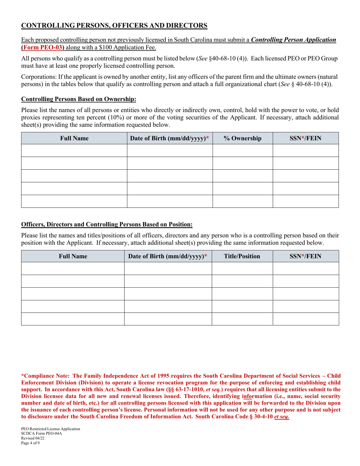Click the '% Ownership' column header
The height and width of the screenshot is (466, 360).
(x=243, y=138)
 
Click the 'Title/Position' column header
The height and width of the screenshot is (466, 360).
(x=242, y=256)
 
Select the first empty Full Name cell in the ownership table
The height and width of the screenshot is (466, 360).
(x=74, y=150)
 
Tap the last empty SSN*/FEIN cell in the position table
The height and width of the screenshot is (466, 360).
(x=305, y=319)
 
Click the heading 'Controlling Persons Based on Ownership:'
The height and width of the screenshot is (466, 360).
(x=78, y=99)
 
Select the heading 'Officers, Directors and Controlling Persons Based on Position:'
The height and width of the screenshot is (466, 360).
(x=107, y=224)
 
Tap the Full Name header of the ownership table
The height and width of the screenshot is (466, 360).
(x=74, y=138)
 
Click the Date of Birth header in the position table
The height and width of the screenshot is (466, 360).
(x=168, y=256)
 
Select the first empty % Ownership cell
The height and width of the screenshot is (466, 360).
(x=243, y=150)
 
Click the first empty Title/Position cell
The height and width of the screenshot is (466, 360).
(x=242, y=268)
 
